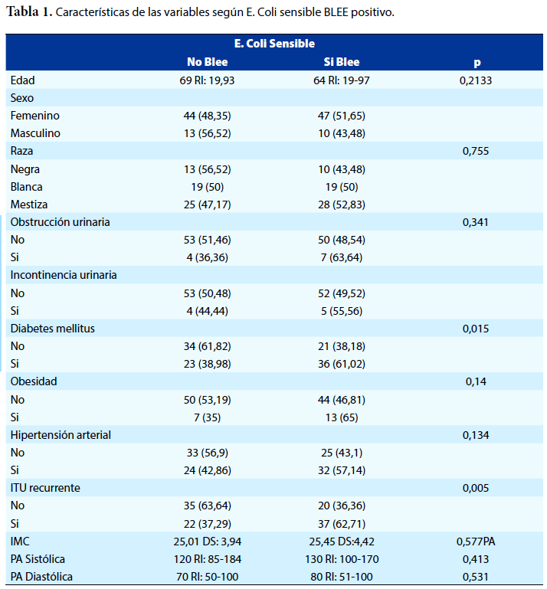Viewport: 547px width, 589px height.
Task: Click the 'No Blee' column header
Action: [x=208, y=62]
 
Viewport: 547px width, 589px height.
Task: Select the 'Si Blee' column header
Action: [x=342, y=62]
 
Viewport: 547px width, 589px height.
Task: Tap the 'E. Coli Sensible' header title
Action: [x=274, y=44]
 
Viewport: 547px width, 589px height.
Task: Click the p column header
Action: [x=477, y=63]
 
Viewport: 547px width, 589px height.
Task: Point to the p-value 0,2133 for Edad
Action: [x=476, y=80]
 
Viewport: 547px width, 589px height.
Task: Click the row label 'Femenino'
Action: [x=35, y=116]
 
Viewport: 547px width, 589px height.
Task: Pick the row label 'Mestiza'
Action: [x=29, y=205]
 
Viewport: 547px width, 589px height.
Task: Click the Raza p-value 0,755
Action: [x=476, y=151]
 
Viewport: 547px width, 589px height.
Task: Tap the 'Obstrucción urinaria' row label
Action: [x=60, y=222]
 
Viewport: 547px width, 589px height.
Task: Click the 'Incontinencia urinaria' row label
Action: [x=64, y=275]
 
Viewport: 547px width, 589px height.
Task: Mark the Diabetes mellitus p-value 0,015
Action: [x=476, y=329]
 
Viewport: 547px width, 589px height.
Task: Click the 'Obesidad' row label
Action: [x=34, y=381]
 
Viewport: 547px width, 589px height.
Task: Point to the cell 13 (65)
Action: [x=342, y=417]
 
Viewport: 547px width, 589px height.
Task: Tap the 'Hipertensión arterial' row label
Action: [x=61, y=435]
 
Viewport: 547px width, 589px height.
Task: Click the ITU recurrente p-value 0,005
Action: [x=476, y=488]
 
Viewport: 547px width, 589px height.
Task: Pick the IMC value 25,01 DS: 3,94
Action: [x=208, y=542]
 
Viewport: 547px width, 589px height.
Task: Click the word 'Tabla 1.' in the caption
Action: [x=29, y=11]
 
